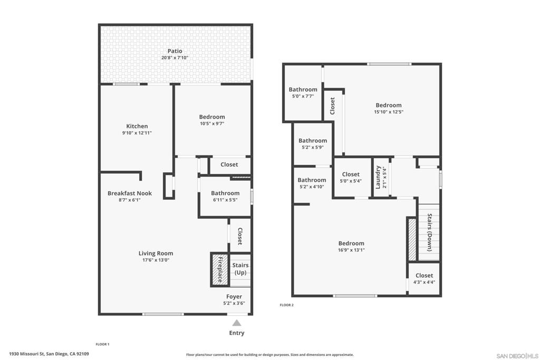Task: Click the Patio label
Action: [175, 51]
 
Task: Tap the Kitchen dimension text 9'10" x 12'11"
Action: [137, 133]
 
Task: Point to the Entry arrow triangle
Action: [237, 323]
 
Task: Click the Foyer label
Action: [234, 297]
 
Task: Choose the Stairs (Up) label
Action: [240, 269]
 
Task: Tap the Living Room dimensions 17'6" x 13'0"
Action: [156, 260]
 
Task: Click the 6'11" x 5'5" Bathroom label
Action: [225, 193]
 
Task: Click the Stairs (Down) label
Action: [430, 232]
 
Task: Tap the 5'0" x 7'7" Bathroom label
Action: [303, 90]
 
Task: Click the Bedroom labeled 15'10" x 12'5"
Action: [388, 105]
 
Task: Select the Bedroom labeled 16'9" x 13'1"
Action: [351, 244]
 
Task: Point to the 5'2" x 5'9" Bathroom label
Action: [313, 141]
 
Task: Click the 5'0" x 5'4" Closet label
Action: [351, 174]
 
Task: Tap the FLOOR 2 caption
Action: [286, 305]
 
